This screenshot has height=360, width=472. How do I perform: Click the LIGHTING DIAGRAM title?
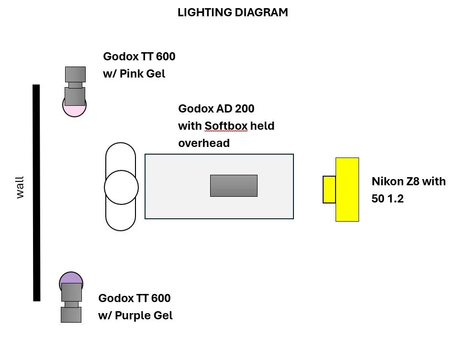coord(233,13)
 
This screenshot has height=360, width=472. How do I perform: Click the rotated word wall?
coord(20,187)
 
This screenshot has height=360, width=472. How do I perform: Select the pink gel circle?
coord(74,111)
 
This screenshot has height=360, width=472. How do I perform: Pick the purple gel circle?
coord(70,278)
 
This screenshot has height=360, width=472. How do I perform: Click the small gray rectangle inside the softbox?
coord(234,186)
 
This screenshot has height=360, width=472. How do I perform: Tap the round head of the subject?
coord(121,187)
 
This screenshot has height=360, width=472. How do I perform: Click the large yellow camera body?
coord(347,189)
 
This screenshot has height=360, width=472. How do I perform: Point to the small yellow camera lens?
coord(329,190)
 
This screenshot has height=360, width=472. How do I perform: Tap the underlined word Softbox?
coord(226,126)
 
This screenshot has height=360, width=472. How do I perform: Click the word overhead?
coord(204,143)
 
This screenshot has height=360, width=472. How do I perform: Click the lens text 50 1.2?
coord(388,198)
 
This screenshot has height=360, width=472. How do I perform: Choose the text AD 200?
coord(238,109)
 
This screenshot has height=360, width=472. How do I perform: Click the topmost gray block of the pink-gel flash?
coord(75,74)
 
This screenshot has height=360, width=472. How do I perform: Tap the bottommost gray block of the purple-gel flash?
coord(71,315)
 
